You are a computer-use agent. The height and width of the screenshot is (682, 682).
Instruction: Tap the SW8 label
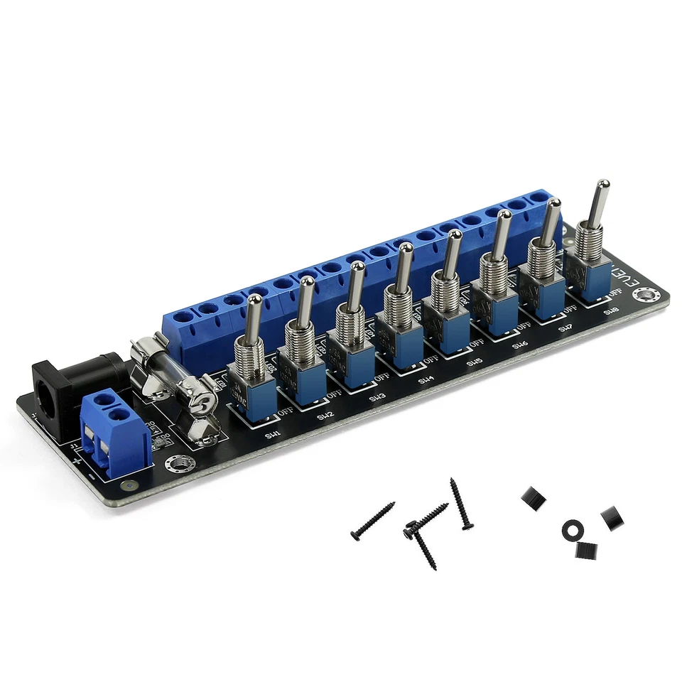(612, 311)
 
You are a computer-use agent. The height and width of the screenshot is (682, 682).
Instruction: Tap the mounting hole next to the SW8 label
(646, 295)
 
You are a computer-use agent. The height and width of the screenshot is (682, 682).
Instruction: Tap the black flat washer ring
(573, 529)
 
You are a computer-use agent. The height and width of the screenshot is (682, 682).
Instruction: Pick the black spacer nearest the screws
(534, 498)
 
